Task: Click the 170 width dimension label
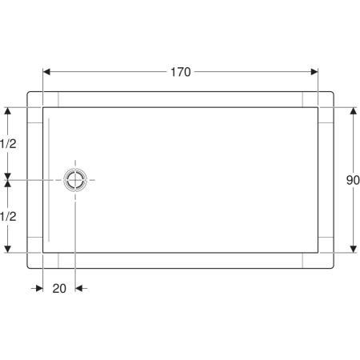[x=181, y=72]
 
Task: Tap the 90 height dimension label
[x=353, y=180]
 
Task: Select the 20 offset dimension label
[x=59, y=289]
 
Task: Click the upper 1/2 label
[x=8, y=144]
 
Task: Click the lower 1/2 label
[x=8, y=217]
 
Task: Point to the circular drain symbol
[x=75, y=180]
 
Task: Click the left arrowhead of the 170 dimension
[x=46, y=72]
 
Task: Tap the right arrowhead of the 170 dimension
[x=314, y=72]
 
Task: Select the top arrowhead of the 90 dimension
[x=354, y=111]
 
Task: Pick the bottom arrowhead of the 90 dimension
[x=354, y=249]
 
